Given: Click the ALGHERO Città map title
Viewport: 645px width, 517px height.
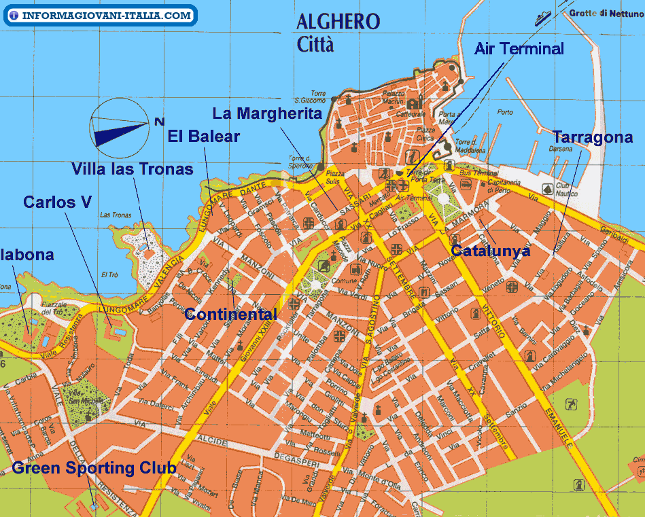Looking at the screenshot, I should pos(338,32).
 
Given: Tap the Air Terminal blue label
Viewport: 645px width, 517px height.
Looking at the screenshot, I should pos(519,49).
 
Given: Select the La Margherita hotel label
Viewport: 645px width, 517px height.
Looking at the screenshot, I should pos(267,113).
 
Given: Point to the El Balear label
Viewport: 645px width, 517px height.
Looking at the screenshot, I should pos(204,136).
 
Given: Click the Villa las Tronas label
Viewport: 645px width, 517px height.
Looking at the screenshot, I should pos(133,168).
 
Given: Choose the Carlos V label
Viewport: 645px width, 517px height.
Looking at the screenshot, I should pos(57,202).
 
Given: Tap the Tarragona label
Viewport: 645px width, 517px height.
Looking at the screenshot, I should pos(593,137).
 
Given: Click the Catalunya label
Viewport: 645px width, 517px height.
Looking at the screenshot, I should pos(490,250).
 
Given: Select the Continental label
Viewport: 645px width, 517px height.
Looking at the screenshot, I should pos(231,314).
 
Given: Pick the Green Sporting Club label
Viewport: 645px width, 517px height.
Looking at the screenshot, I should pos(94,467).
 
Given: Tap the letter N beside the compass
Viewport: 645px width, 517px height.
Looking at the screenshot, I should pos(159,122).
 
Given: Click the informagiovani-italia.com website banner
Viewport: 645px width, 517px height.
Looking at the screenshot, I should pos(101,15).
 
